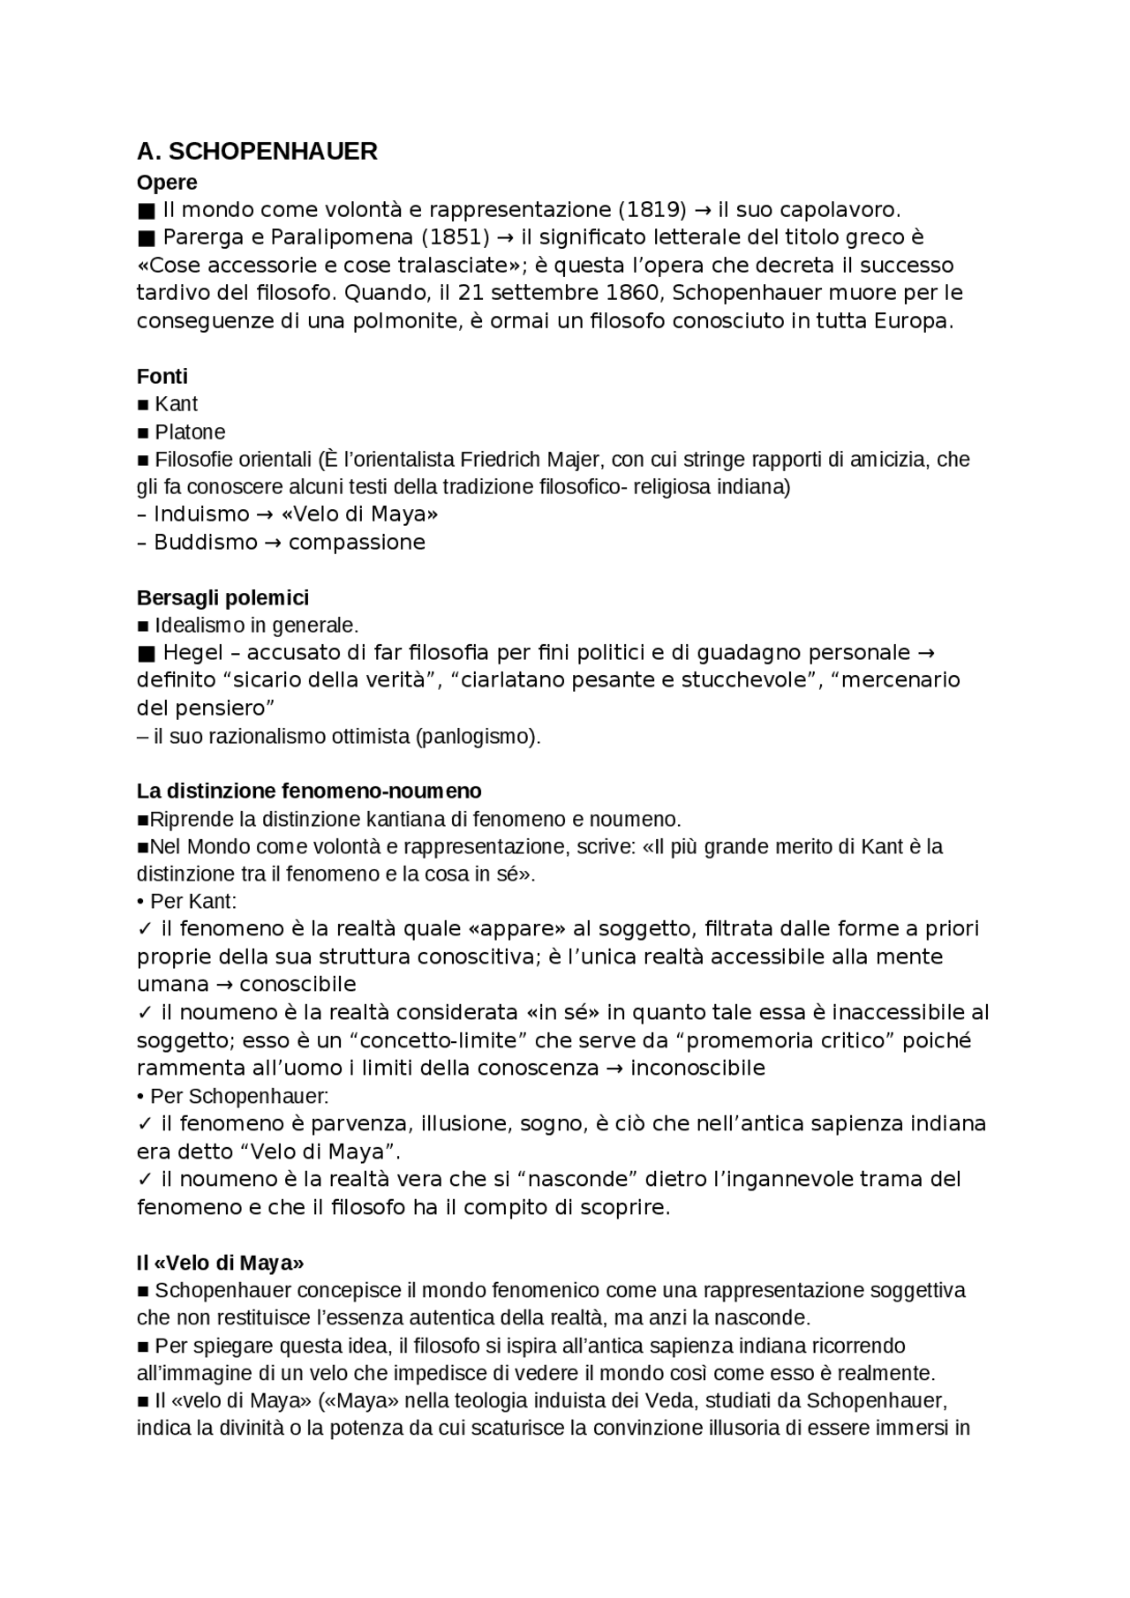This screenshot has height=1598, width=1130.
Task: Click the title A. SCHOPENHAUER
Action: pos(257,152)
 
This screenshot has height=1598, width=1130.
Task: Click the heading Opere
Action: pos(167,183)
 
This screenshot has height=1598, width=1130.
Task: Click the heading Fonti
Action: pos(162,377)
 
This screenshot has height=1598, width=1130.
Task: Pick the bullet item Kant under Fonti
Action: pos(176,404)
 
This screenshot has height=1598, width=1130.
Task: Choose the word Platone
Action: pos(190,432)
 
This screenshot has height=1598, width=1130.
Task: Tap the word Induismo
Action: pos(201,514)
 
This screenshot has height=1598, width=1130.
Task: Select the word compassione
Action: pos(357,543)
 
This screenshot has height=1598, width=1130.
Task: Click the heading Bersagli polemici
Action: pos(222,598)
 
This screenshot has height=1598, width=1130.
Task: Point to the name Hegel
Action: pos(194,653)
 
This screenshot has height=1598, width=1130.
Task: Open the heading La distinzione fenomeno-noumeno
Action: pos(309,791)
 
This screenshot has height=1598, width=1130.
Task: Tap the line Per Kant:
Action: pos(192,902)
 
